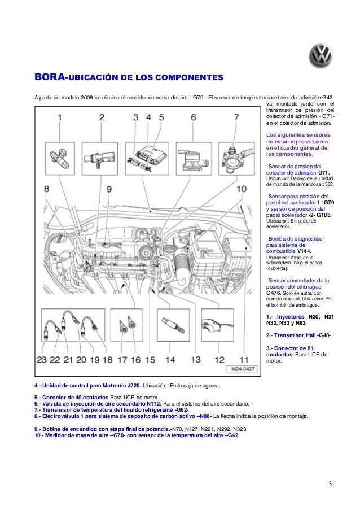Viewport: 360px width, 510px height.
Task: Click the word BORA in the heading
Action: point(50,76)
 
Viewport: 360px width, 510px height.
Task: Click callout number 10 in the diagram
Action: point(242,190)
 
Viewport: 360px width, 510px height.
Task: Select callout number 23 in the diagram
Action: point(41,359)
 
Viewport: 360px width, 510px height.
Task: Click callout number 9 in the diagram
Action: point(108,190)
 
